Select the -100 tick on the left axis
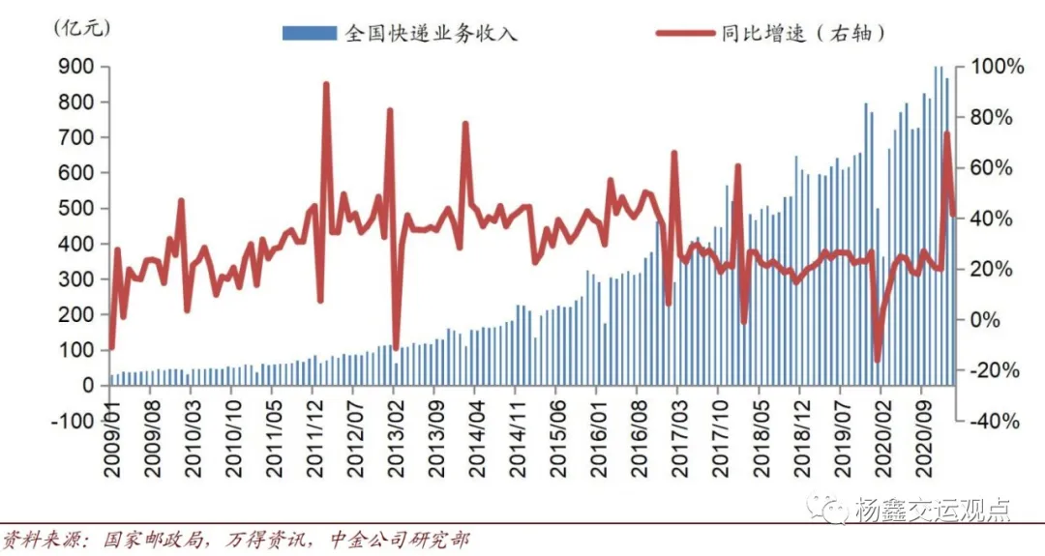72,421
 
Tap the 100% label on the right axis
997,67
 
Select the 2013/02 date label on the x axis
393,459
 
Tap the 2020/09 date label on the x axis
924,459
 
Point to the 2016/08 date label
637,459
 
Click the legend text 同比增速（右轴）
804,33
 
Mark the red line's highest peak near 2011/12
326,84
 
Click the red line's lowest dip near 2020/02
878,361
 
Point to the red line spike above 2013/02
390,110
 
